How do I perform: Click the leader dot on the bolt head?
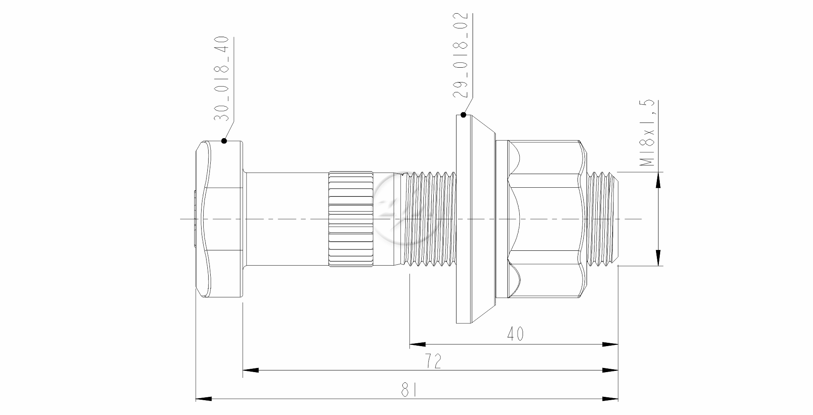pos(224,141)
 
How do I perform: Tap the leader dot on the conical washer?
pos(464,115)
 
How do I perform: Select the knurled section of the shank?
pos(352,219)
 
